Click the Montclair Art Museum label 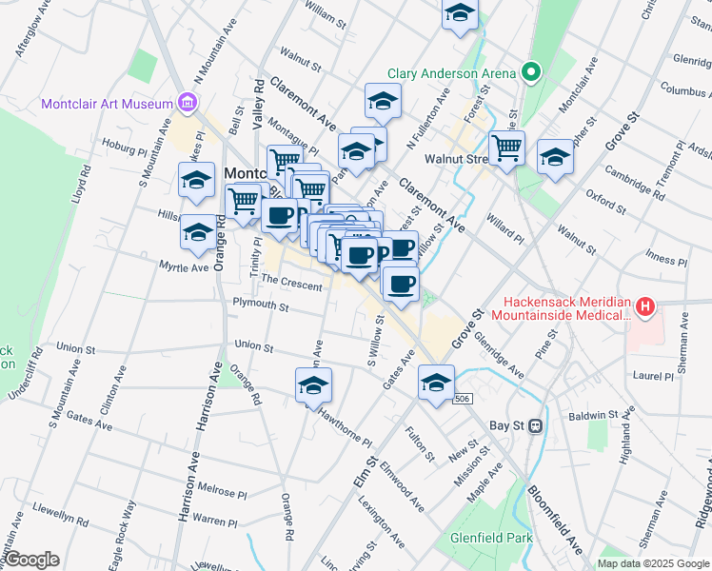106,103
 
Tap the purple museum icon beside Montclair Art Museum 187,103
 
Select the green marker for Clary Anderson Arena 530,72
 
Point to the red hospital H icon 646,306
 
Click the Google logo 31,560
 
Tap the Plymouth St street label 261,305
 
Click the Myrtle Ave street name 184,267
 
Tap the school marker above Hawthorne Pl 313,385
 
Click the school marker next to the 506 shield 436,384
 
